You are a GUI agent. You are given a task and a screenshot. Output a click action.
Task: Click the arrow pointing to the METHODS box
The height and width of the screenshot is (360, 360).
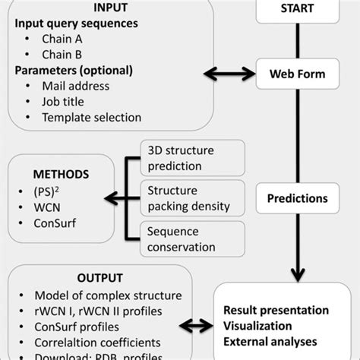[121, 194]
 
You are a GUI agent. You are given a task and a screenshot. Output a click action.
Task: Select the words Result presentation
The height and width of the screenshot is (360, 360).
[276, 311]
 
